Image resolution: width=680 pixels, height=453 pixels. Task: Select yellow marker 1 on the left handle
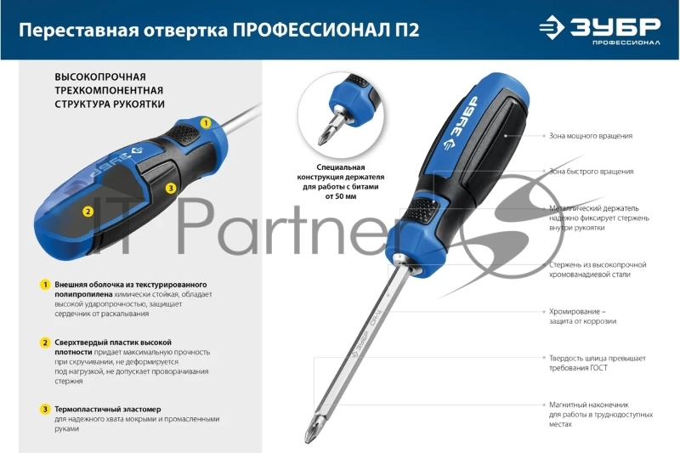205,123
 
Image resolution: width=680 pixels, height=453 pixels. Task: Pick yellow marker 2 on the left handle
88,212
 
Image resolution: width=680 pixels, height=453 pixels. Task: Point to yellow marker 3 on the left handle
170,188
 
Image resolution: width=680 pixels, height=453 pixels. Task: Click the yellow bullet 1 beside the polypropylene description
44,284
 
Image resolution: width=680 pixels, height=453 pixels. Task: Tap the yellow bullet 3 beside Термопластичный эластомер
44,409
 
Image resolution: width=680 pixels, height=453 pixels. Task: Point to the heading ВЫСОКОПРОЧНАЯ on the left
100,76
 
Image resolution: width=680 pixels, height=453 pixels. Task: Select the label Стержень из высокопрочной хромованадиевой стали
598,269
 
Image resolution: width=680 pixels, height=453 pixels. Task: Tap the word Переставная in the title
69,31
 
